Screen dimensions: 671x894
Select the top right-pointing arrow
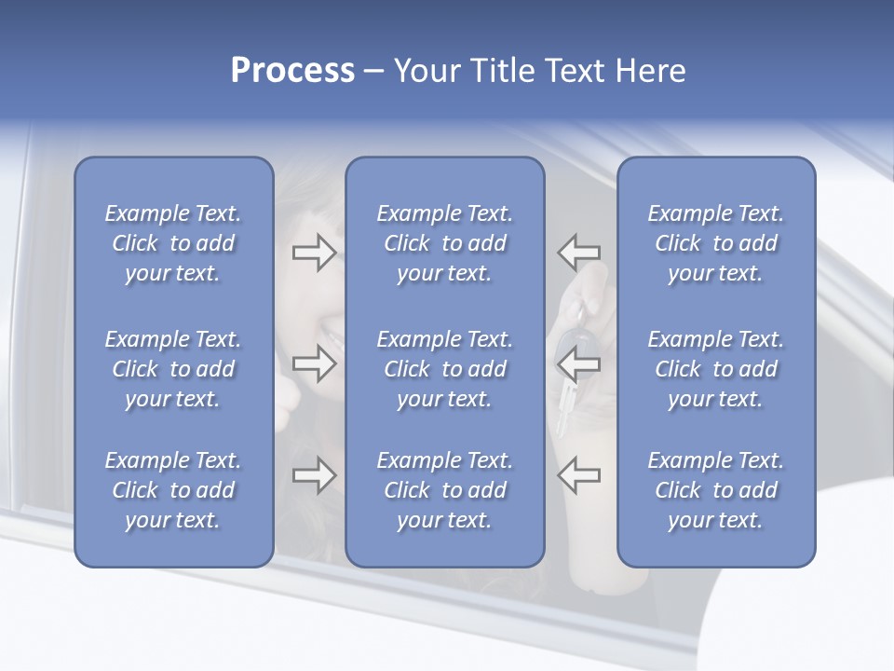(315, 252)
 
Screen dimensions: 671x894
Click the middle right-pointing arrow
(315, 364)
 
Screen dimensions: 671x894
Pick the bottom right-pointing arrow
(315, 475)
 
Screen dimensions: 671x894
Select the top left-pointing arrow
(578, 252)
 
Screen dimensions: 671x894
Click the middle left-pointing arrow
(578, 364)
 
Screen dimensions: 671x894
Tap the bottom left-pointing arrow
(578, 475)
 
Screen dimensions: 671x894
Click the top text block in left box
(173, 243)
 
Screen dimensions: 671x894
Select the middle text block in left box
(173, 369)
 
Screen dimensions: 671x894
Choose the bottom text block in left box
(173, 490)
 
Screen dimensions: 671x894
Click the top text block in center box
(444, 243)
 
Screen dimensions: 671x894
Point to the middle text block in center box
(444, 369)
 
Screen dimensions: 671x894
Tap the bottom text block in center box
(444, 490)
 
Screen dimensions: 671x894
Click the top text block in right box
(715, 243)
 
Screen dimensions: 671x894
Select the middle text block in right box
(715, 369)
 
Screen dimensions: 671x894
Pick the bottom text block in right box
(715, 490)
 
